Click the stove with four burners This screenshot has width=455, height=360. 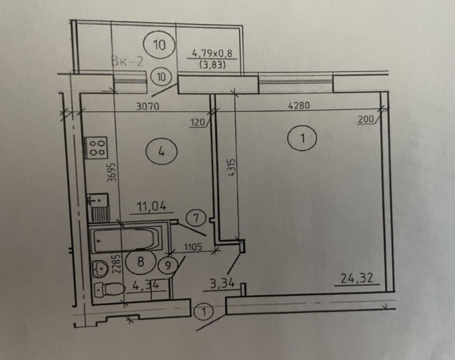pos(96,147)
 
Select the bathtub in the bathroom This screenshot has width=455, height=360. pos(125,240)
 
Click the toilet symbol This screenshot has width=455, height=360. pos(108,289)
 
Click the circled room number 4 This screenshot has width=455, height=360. pos(162,151)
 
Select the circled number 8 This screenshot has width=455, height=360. pos(141,262)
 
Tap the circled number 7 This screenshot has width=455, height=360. pos(196,218)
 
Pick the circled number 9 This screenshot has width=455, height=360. pos(168,265)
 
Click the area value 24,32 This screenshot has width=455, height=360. pos(357,279)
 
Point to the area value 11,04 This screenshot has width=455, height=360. pos(151,207)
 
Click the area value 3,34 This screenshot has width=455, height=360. pos(222,284)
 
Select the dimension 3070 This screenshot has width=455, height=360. pos(148,106)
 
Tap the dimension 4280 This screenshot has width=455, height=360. pos(298,105)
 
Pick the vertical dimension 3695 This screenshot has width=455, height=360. pos(112,172)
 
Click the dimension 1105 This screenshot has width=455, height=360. pos(193,247)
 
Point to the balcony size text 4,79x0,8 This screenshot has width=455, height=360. pos(212,54)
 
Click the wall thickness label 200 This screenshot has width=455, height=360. pos(366,119)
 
